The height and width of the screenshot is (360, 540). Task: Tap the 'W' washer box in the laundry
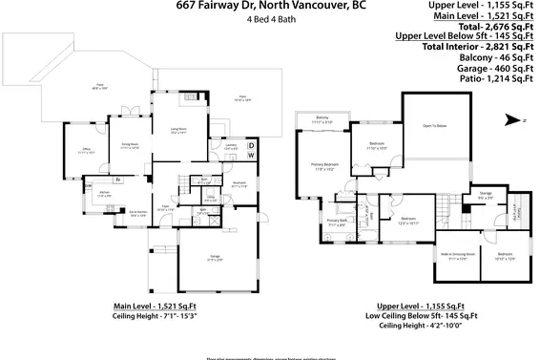[251, 155]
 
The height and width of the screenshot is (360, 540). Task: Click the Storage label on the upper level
[485, 195]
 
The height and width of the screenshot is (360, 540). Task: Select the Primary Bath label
[338, 222]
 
